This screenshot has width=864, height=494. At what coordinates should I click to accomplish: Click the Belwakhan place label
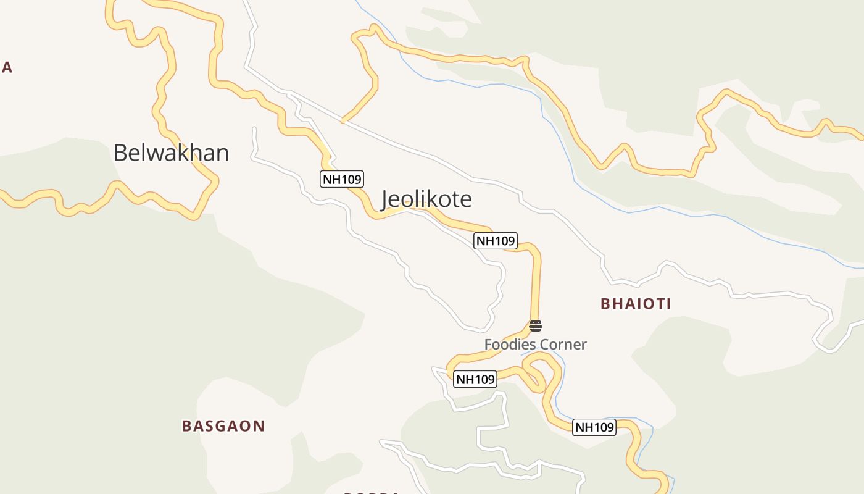[x=171, y=153]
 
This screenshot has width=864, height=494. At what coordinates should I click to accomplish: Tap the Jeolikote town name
[x=426, y=199]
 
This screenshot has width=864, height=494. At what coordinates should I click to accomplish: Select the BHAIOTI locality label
[x=636, y=304]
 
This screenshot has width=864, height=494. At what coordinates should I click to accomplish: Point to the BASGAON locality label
[x=223, y=426]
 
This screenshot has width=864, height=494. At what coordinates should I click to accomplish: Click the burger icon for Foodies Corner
[x=536, y=326]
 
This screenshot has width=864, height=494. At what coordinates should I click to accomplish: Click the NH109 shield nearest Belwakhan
[x=342, y=180]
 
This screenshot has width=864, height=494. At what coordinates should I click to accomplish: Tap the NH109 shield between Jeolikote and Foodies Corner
[x=496, y=241]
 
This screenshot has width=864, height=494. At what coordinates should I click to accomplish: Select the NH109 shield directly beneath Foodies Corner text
[x=475, y=379]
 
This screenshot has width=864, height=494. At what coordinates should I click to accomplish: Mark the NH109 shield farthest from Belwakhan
[x=594, y=427]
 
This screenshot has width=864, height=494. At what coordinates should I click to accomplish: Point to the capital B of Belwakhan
[x=120, y=153]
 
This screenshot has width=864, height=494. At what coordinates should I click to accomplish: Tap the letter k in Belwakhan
[x=177, y=153]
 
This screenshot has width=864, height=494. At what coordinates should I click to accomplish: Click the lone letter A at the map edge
[x=7, y=67]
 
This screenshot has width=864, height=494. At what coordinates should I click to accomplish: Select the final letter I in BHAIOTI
[x=668, y=304]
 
